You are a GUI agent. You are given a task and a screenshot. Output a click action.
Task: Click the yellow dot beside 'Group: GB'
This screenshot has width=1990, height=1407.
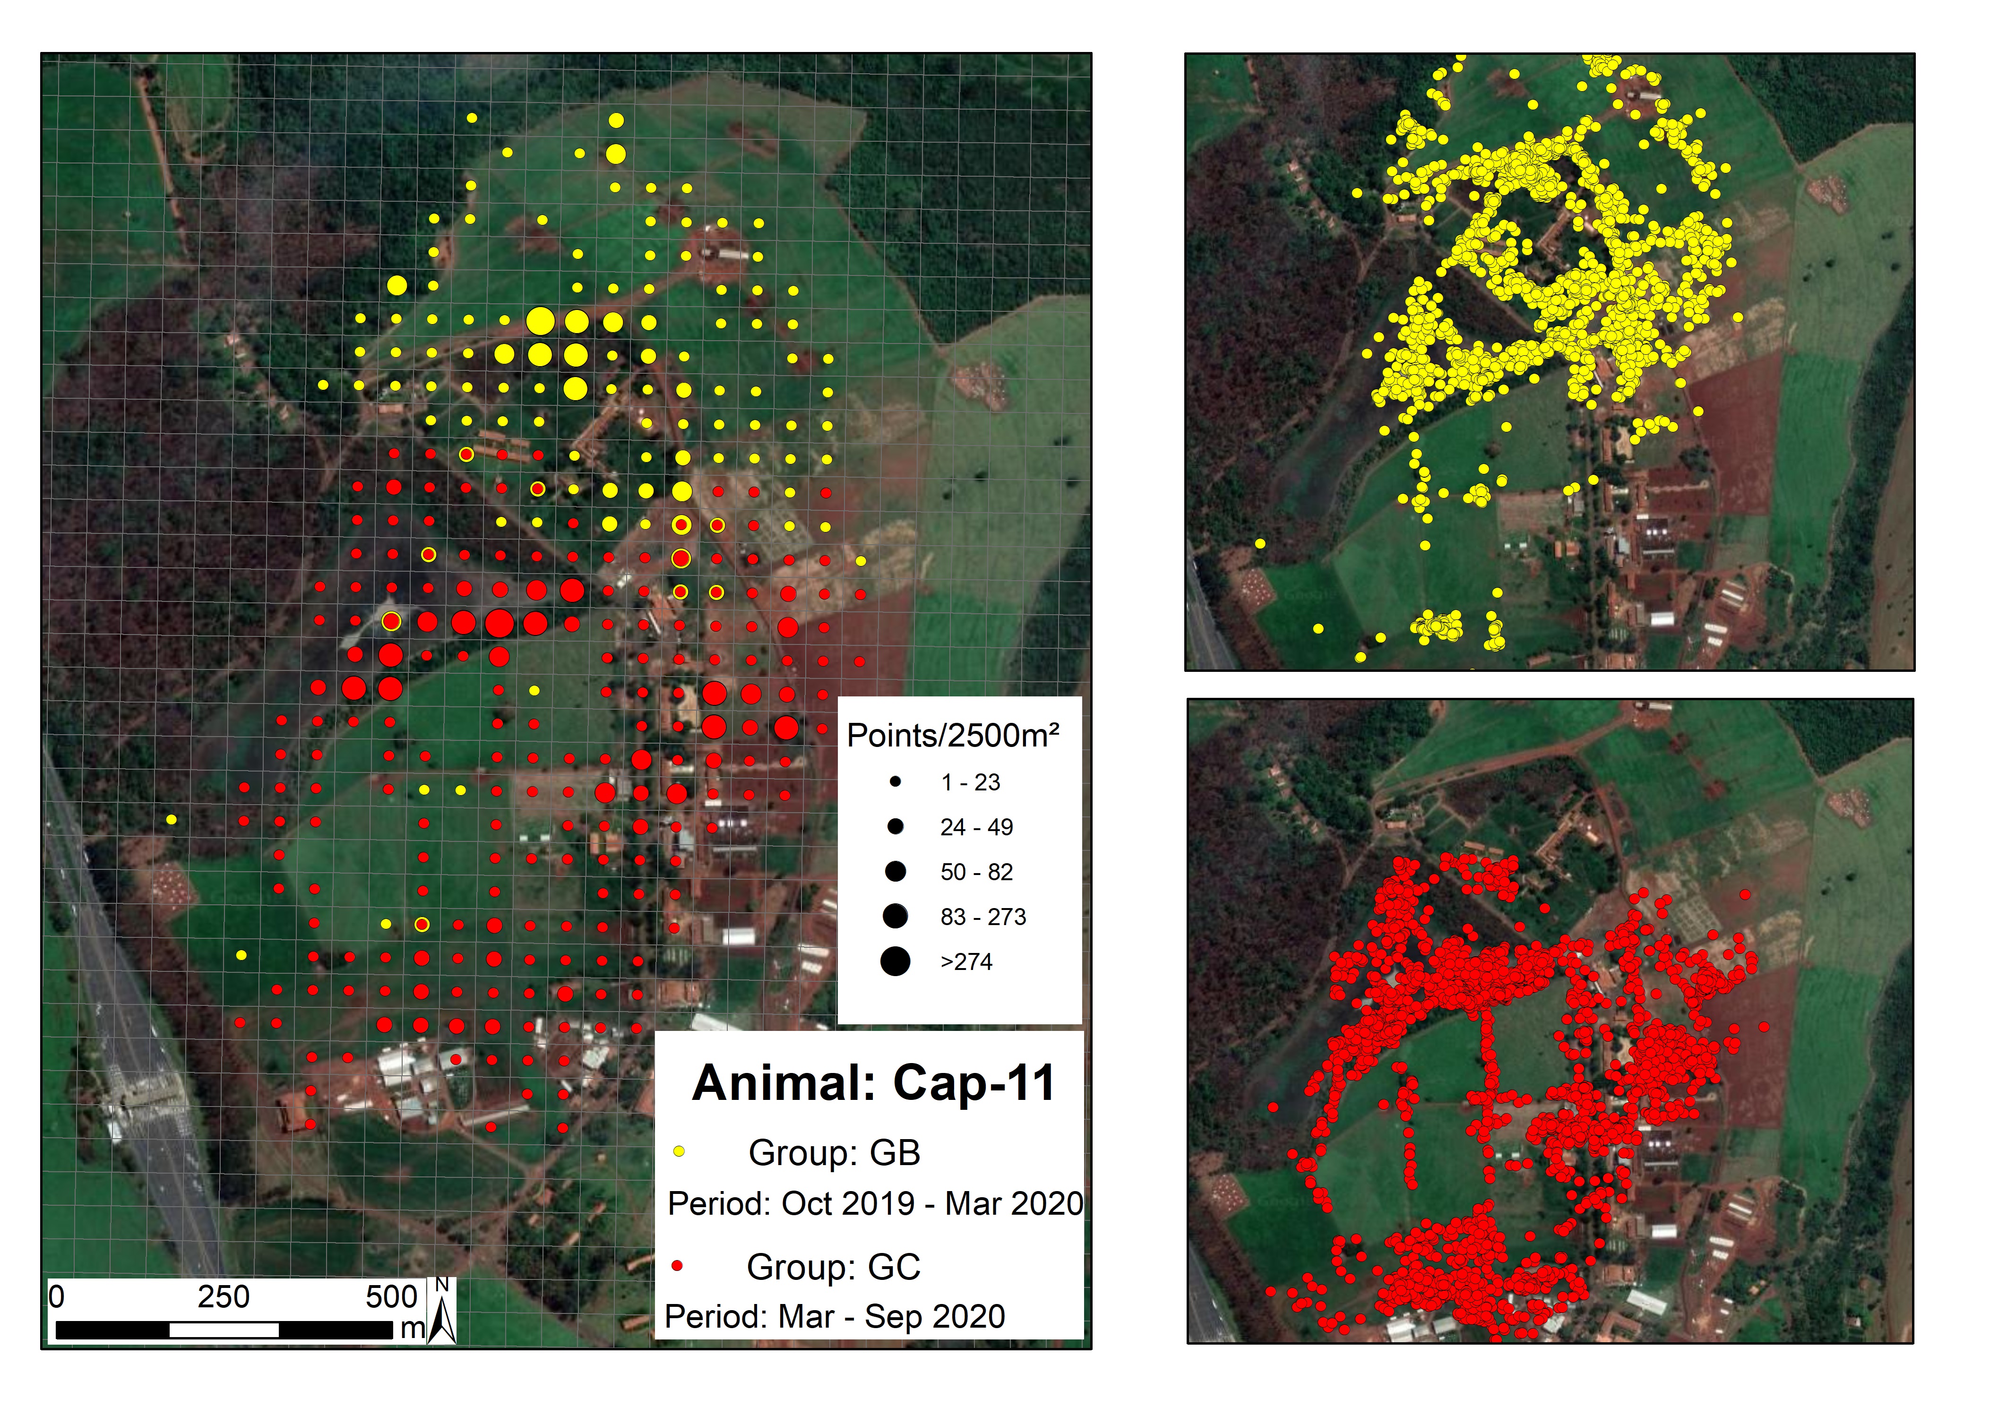click(x=679, y=1151)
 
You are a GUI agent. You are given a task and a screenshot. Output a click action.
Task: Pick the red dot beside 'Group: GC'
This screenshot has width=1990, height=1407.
click(x=677, y=1266)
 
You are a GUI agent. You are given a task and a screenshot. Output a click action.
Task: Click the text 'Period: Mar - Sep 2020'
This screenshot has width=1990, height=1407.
click(x=835, y=1317)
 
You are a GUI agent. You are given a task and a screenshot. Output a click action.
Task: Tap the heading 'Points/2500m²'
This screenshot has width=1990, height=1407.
click(x=953, y=736)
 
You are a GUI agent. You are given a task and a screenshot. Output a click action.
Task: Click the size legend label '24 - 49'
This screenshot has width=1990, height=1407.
click(x=977, y=827)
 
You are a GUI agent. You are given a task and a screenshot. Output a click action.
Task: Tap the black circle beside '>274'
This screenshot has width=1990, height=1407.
click(x=896, y=961)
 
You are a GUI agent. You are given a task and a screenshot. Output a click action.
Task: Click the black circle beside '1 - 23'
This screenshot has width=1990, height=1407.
click(x=896, y=781)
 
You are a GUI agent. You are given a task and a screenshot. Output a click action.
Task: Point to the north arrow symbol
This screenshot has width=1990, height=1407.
click(x=442, y=1312)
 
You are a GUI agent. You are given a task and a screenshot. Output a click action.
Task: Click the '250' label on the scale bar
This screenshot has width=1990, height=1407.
click(x=224, y=1297)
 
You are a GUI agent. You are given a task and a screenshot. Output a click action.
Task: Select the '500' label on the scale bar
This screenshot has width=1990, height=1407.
click(x=392, y=1297)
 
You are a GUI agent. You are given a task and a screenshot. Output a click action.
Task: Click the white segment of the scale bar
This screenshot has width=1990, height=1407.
click(x=224, y=1330)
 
